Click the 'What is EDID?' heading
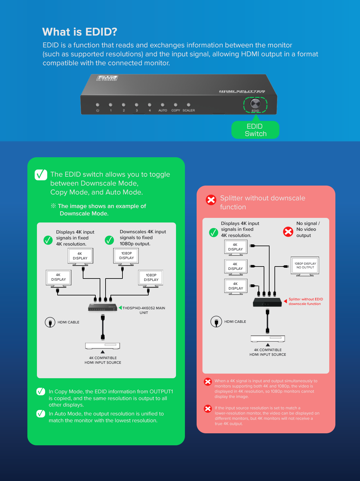point(80,32)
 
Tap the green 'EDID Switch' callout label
point(255,130)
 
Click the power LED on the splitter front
point(98,105)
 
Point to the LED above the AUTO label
point(162,105)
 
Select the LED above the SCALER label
point(189,105)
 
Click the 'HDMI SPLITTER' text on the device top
point(242,91)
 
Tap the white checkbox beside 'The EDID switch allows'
point(41,175)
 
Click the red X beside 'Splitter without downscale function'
point(211,200)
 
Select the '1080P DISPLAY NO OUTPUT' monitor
point(305,266)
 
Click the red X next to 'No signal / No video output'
point(288,231)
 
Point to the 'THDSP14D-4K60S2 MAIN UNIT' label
point(144,310)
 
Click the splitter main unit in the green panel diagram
point(102,307)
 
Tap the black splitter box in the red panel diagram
point(267,302)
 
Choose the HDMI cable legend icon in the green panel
point(50,323)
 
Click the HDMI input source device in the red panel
point(268,339)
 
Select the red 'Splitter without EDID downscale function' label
point(306,302)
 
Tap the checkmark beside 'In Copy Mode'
point(41,391)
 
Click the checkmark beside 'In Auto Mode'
point(41,414)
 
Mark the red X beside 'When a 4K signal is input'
point(208,382)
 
